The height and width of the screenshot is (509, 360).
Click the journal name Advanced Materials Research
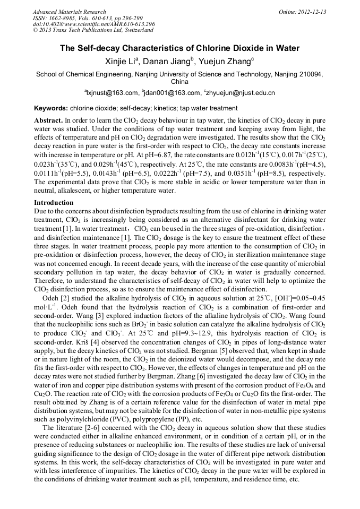[x=69, y=12]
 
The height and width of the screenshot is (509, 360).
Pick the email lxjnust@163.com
[x=109, y=93]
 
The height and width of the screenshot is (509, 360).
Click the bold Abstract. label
[x=49, y=121]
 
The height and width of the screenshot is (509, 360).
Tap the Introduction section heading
[x=54, y=203]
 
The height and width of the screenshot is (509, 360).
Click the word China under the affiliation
[x=179, y=82]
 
